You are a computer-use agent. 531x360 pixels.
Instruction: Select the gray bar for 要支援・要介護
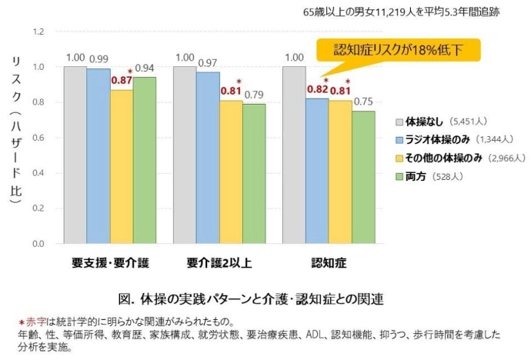[75, 155]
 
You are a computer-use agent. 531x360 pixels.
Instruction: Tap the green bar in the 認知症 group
[364, 177]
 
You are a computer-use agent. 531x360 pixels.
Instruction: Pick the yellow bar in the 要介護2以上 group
[231, 172]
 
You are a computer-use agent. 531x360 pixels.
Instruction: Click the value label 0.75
[365, 102]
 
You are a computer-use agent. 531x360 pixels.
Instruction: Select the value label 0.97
[208, 62]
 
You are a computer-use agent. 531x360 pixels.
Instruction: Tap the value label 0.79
[254, 95]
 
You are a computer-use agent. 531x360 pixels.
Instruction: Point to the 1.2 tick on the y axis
[40, 32]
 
